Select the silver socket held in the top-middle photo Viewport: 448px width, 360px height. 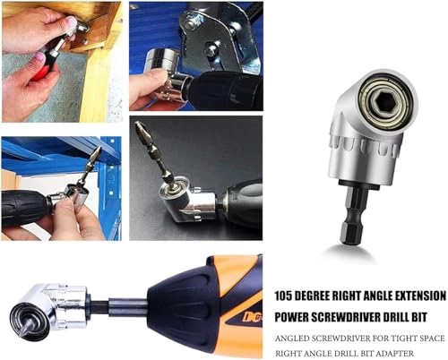tap(162, 66)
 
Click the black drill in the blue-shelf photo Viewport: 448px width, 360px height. tap(27, 206)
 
